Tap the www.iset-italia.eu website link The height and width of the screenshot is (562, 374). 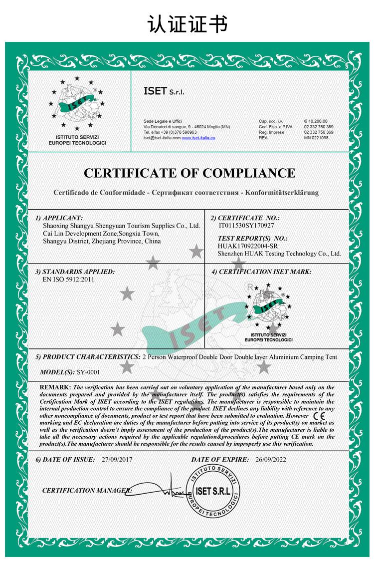pos(198,137)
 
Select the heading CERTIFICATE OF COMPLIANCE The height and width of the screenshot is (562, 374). pos(189,173)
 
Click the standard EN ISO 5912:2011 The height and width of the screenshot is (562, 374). pos(69,280)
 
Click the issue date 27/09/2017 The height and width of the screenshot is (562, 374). pos(117,459)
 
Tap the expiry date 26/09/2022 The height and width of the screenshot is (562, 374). pos(271,459)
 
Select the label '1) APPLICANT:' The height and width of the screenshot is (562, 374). pos(59,218)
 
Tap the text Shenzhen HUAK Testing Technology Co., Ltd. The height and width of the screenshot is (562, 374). pos(279,254)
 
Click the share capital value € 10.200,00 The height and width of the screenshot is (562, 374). pos(316,121)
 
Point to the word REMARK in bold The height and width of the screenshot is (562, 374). pos(55,387)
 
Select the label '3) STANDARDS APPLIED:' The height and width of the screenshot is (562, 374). pos(75,272)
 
